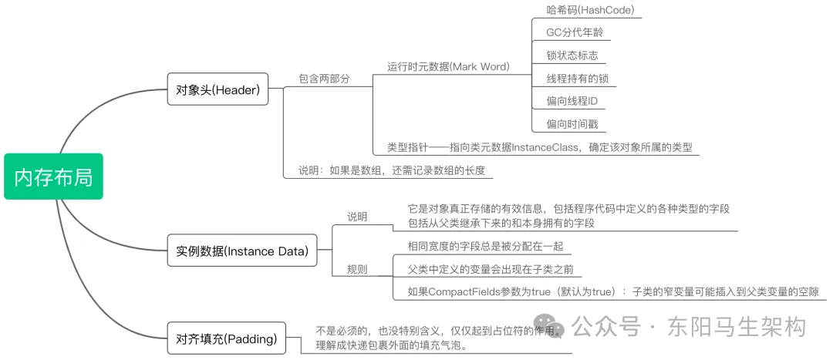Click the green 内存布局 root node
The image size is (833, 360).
53,177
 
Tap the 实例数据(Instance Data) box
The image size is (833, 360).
241,251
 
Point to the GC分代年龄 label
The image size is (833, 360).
575,33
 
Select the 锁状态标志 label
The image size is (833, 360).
572,56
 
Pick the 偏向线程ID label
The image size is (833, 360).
572,102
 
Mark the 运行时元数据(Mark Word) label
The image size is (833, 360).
448,67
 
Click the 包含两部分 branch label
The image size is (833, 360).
324,79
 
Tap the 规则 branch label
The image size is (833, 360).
357,269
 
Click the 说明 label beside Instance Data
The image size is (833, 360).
357,217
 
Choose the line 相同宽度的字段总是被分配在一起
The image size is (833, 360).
486,247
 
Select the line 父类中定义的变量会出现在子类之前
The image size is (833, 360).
494,269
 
